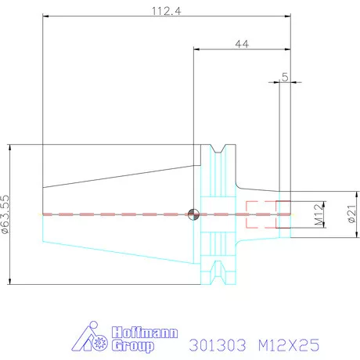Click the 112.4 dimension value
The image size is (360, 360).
[x=166, y=11]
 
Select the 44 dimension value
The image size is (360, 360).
[x=242, y=44]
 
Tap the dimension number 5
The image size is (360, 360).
[x=285, y=77]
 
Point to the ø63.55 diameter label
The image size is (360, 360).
[x=5, y=214]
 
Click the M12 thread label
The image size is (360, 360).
[x=319, y=214]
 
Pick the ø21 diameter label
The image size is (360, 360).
[x=351, y=214]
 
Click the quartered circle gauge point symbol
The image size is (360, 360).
[x=193, y=214]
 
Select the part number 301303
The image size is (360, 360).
[x=218, y=345]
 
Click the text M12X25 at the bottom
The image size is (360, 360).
[x=289, y=345]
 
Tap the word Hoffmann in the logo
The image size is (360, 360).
[x=145, y=333]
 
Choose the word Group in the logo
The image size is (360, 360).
[x=133, y=346]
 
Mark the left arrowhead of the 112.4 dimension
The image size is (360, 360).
[x=45, y=16]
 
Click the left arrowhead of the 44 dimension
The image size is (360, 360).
[x=196, y=49]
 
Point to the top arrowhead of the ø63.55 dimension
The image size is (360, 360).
[x=10, y=147]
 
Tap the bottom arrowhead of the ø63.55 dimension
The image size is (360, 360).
[x=10, y=281]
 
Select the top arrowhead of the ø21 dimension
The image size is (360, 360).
[x=357, y=194]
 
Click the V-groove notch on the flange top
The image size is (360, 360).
[x=218, y=149]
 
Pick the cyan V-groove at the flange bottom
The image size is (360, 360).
[x=218, y=272]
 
